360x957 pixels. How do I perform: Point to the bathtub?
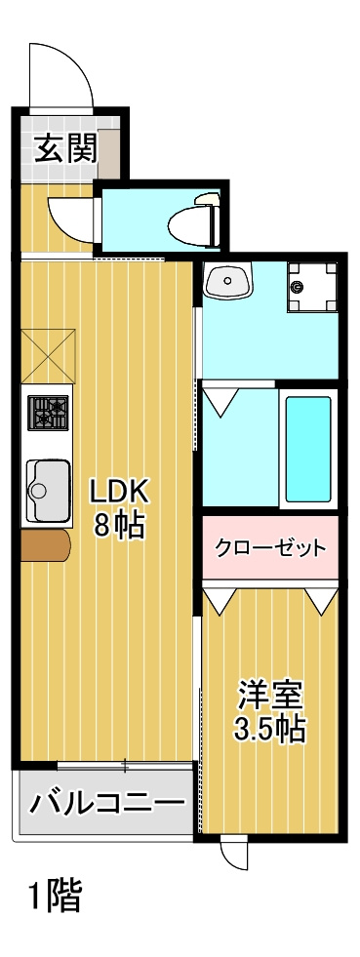pos(308,448)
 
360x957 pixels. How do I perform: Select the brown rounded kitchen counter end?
pos(47,546)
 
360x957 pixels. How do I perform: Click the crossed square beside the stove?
pos(49,353)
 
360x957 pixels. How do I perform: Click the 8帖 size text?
pos(119,525)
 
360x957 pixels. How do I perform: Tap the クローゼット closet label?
pos(270,546)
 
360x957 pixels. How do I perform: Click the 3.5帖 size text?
pos(270,729)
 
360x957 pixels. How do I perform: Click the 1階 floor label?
pos(56,895)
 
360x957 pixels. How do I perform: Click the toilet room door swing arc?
pos(73,215)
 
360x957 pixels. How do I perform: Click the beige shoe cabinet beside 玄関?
pos(109,148)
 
